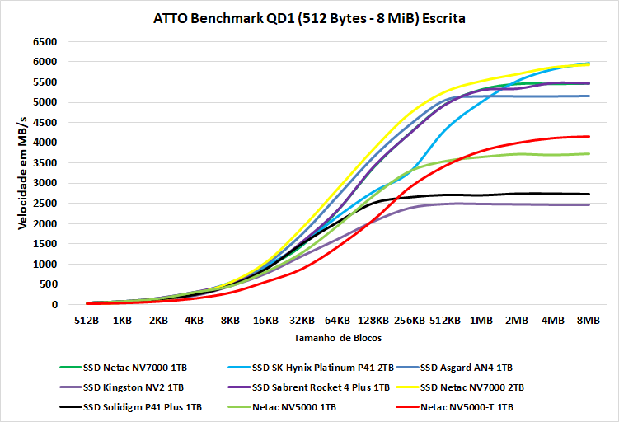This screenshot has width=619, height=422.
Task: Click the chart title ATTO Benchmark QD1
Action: [309, 18]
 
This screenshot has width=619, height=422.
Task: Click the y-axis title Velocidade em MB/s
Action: [22, 172]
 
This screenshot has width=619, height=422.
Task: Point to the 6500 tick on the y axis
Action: [45, 41]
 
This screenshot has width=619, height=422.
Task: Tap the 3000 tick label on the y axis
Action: [45, 183]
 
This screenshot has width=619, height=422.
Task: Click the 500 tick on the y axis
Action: [49, 284]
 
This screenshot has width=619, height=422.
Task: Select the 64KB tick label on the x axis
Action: [337, 320]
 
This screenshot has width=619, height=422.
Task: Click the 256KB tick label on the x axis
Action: [409, 320]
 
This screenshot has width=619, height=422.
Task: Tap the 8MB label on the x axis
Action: [589, 320]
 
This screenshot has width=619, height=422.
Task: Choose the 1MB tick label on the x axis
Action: [481, 320]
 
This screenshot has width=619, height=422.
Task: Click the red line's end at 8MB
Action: [589, 136]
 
